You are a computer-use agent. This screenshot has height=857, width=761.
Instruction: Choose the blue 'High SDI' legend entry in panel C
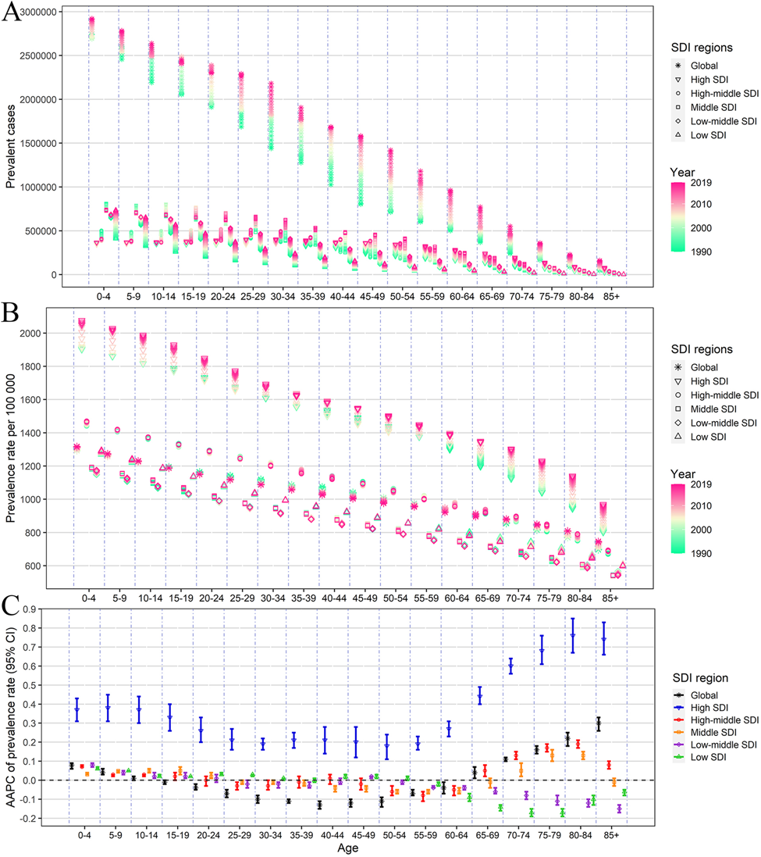pos(706,708)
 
